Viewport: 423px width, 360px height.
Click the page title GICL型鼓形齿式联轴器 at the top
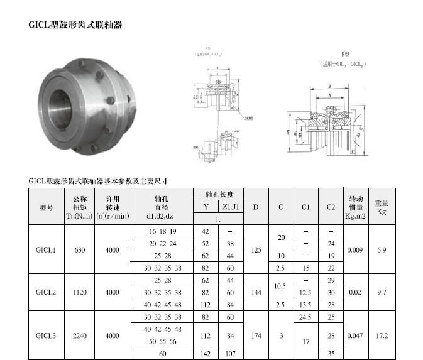tap(75, 25)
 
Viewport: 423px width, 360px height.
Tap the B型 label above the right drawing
tap(344, 56)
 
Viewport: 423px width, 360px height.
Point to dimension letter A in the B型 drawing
tap(329, 95)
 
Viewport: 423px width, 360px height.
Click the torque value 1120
tap(79, 292)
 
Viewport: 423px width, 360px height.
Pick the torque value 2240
tap(79, 336)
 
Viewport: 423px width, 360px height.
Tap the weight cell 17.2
tap(382, 336)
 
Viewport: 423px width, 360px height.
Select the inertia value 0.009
tap(354, 250)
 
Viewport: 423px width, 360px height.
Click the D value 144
tap(256, 292)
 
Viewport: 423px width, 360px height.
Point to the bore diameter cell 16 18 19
tap(162, 231)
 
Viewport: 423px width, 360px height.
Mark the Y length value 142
tap(206, 354)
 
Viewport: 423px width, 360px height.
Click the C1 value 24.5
tap(306, 317)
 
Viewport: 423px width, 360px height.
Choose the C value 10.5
tap(281, 286)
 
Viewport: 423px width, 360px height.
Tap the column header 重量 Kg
tap(382, 207)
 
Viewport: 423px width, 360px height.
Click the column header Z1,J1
tap(230, 207)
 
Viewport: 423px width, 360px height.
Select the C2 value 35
tap(331, 354)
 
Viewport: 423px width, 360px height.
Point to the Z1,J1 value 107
tap(230, 354)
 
